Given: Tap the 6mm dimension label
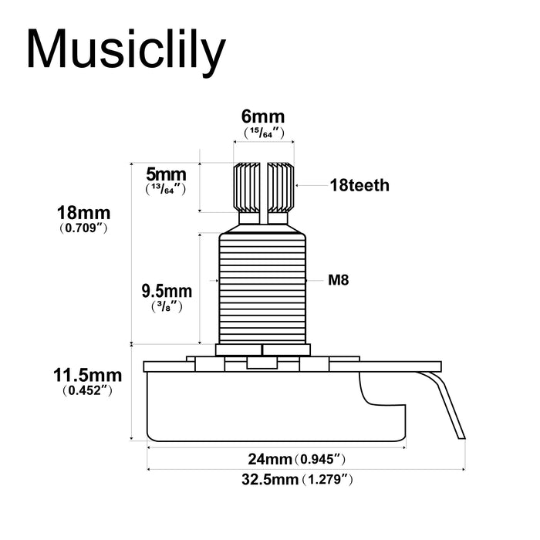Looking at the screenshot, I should point(263,117).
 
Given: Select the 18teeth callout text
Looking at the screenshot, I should point(359,185).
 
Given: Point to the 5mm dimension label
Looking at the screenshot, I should point(166,174).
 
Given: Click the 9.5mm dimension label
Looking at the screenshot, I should point(167,291).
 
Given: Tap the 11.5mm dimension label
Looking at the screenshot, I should point(87,376).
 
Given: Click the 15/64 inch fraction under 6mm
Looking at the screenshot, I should point(263,133).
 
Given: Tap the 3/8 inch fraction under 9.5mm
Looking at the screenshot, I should point(167,307).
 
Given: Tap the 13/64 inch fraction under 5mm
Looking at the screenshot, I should point(166,189).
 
